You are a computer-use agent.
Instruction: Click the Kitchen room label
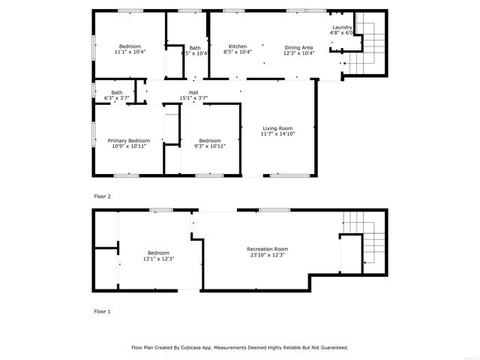coord(238,46)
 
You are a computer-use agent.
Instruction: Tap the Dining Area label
coord(298,46)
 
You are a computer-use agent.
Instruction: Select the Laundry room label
coord(342,27)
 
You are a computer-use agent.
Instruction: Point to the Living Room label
coord(277,128)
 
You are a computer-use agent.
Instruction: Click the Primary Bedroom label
coord(128,140)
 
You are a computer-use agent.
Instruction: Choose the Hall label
coord(193,92)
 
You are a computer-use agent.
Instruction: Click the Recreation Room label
coord(267,249)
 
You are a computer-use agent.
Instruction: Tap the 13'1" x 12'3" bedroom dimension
coord(158,259)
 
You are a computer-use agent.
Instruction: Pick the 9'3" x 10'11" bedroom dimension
coord(209,146)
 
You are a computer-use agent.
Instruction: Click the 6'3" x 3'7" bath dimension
coord(117,98)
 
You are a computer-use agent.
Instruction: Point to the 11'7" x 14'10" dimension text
coord(277,134)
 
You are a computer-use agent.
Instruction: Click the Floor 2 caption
coord(102,196)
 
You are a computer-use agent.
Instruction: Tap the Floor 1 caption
coord(102,310)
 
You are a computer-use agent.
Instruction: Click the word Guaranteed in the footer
coord(331,347)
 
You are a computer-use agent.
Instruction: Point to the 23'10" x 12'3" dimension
coord(267,255)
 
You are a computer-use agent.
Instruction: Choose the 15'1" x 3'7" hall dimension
coord(193,98)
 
